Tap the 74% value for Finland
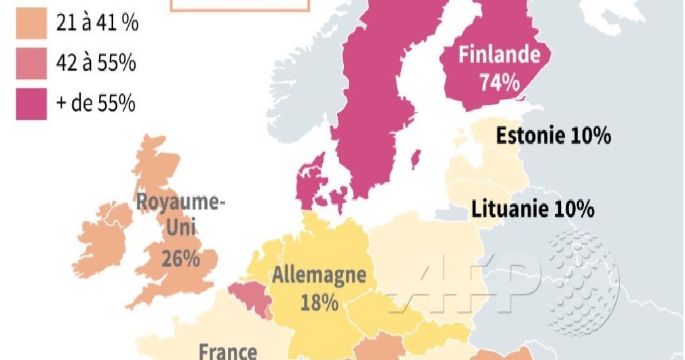[499, 83]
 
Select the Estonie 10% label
[553, 136]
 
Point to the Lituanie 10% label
[533, 209]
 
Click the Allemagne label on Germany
[319, 276]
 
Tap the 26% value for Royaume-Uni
[180, 258]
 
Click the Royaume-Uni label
[180, 214]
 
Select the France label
[228, 351]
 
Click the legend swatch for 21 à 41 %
[31, 24]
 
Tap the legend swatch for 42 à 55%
[31, 64]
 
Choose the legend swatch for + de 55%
[31, 104]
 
